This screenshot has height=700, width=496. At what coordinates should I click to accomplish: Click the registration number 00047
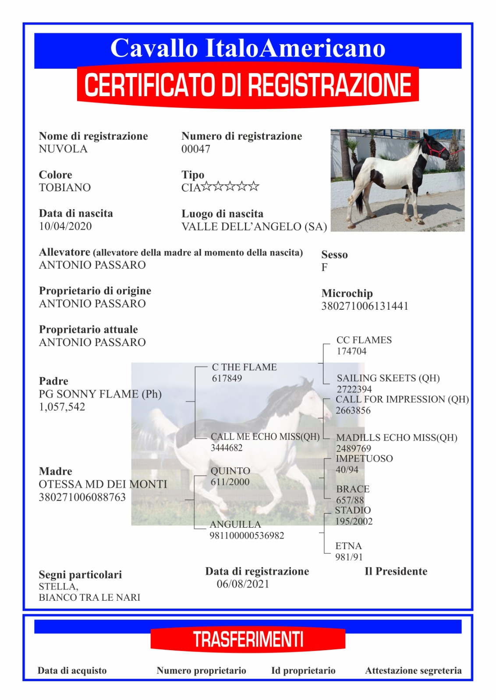coord(196,149)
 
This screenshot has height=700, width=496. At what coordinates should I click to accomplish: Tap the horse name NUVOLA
coord(63,149)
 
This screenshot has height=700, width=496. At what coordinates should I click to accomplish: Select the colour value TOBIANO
coord(65,188)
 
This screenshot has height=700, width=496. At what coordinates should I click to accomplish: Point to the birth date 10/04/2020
coord(65,226)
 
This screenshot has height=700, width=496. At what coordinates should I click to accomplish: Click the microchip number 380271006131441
coord(365,306)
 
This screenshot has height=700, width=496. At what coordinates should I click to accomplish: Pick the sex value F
coord(324,267)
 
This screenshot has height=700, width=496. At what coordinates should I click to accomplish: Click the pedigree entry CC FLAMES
coord(364,340)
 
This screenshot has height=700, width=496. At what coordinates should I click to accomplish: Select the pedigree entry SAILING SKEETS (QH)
coord(388,378)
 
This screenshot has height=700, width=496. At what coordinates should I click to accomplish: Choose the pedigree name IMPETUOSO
coord(364,458)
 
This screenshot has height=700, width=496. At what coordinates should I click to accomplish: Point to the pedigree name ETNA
coord(348,546)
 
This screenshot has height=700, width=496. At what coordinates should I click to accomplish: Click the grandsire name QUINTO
coord(230,471)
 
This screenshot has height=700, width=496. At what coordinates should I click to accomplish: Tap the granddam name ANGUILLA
coord(235,524)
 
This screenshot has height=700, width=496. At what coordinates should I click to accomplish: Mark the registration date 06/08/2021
coord(243,584)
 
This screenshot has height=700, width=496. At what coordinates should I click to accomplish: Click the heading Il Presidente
coord(396,571)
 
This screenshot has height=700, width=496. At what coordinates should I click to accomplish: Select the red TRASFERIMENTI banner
coord(248,639)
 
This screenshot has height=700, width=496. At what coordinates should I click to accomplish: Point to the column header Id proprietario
coord(303,671)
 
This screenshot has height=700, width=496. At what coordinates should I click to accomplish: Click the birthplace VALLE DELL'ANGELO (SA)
coord(254,227)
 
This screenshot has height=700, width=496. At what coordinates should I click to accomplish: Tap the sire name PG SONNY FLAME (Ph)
coord(100,394)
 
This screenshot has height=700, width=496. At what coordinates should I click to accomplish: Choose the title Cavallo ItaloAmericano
coord(248,48)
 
